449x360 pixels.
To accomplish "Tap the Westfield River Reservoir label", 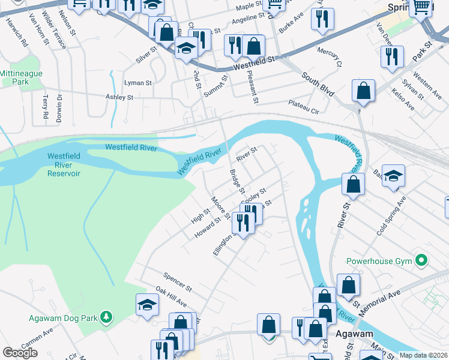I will tap(64, 165).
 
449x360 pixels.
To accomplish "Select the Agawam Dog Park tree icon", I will tap(106, 316).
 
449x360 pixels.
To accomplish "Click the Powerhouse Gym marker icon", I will tap(421, 261).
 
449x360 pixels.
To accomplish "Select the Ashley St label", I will tap(119, 97).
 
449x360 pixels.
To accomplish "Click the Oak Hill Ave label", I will tap(172, 296).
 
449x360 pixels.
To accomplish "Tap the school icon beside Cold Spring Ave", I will tap(393, 176).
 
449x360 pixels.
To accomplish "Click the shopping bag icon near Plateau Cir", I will tap(363, 91).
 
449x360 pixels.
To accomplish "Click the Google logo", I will tap(20, 353).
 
